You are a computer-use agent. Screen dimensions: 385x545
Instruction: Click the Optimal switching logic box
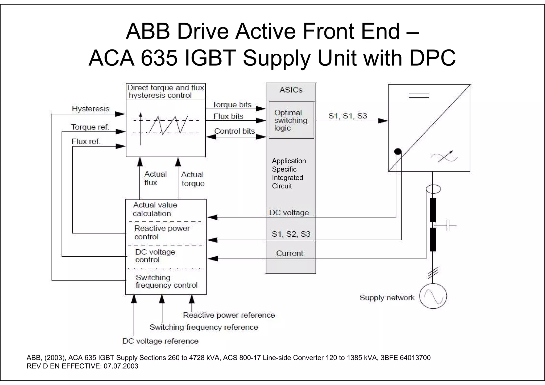click(291, 120)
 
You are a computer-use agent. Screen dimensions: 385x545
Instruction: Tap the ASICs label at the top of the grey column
click(291, 90)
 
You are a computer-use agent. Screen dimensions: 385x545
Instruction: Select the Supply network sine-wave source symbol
click(433, 296)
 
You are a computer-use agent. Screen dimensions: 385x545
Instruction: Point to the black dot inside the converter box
click(398, 152)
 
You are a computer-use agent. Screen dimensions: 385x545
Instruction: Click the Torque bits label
click(232, 105)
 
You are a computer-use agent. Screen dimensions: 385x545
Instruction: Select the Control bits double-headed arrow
click(236, 137)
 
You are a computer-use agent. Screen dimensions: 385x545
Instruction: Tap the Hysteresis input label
click(90, 109)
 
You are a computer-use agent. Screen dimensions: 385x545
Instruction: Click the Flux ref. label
click(86, 141)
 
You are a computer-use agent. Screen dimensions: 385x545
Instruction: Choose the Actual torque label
click(193, 179)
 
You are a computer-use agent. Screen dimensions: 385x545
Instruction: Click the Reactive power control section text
click(162, 232)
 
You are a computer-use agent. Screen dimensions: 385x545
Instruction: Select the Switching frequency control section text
click(166, 281)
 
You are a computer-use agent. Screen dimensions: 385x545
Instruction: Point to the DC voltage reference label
click(160, 341)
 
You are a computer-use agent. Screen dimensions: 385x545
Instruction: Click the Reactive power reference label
click(229, 315)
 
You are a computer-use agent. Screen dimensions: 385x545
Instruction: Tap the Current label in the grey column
click(290, 253)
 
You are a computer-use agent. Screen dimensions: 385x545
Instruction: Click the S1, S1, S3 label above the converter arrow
click(348, 116)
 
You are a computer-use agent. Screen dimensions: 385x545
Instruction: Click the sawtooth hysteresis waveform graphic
click(168, 125)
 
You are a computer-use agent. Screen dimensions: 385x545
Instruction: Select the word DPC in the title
click(432, 58)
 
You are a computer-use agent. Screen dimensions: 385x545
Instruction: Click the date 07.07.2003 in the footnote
click(121, 366)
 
